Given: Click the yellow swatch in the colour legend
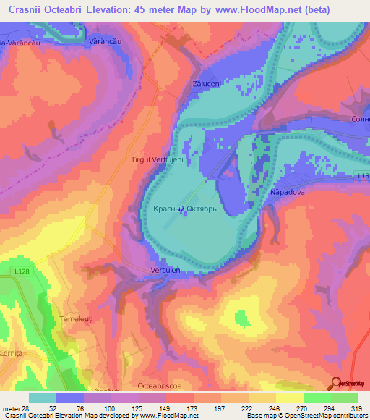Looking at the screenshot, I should (290, 397).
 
